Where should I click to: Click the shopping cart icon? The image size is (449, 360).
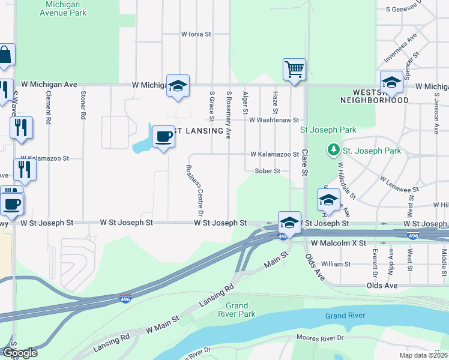point(295,69)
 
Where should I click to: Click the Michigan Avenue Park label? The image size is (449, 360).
point(65,8)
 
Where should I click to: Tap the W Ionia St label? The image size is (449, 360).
point(196,35)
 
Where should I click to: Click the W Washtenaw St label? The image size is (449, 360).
point(274,120)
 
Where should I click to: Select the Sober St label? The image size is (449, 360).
point(268,171)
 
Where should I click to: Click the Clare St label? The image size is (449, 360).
point(304,162)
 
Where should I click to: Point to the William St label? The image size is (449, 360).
point(336,264)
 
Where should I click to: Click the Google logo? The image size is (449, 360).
point(19,353)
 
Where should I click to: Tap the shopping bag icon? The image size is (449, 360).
point(5,56)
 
